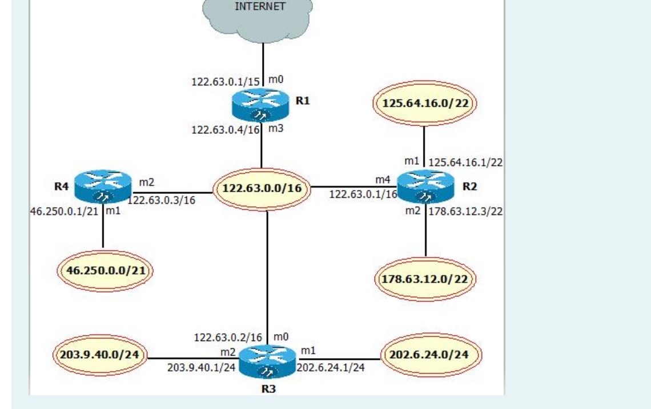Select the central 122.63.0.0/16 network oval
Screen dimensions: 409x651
coord(262,188)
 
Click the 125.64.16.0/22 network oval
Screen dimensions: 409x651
coord(424,104)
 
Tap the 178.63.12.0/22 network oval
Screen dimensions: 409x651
coord(427,279)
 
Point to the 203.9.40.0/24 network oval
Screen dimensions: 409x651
coord(101,355)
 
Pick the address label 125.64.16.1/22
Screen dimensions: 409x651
coord(466,162)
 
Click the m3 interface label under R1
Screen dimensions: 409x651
coord(276,129)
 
